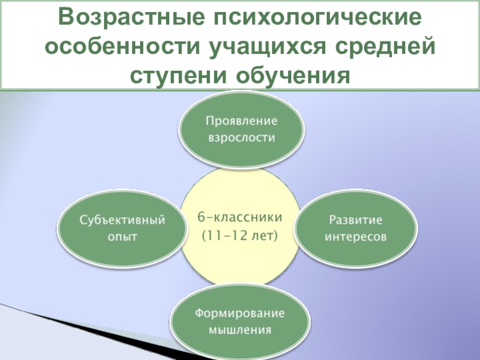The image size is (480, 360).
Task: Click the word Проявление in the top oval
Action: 241,121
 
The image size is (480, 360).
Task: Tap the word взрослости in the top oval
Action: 241,137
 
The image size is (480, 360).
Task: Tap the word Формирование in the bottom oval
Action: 241,313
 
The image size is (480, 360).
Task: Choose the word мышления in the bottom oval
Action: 241,330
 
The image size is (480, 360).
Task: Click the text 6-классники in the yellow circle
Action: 240,216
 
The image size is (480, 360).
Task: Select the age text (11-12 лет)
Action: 240,235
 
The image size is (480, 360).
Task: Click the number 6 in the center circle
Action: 202,216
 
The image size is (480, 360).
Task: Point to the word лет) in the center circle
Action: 264,235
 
